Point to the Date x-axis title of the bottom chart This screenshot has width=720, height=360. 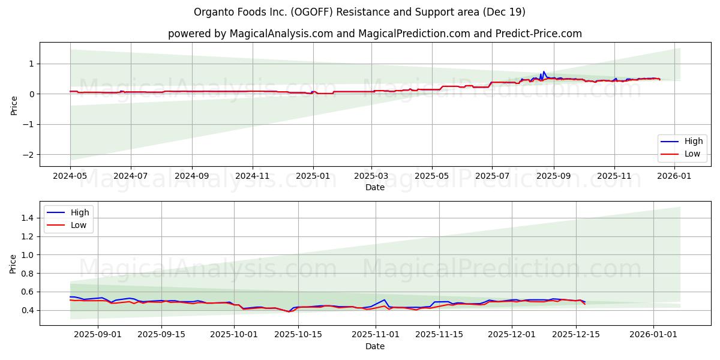374,347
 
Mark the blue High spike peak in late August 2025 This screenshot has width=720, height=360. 544,71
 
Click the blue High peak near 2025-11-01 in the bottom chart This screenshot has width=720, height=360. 385,299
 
